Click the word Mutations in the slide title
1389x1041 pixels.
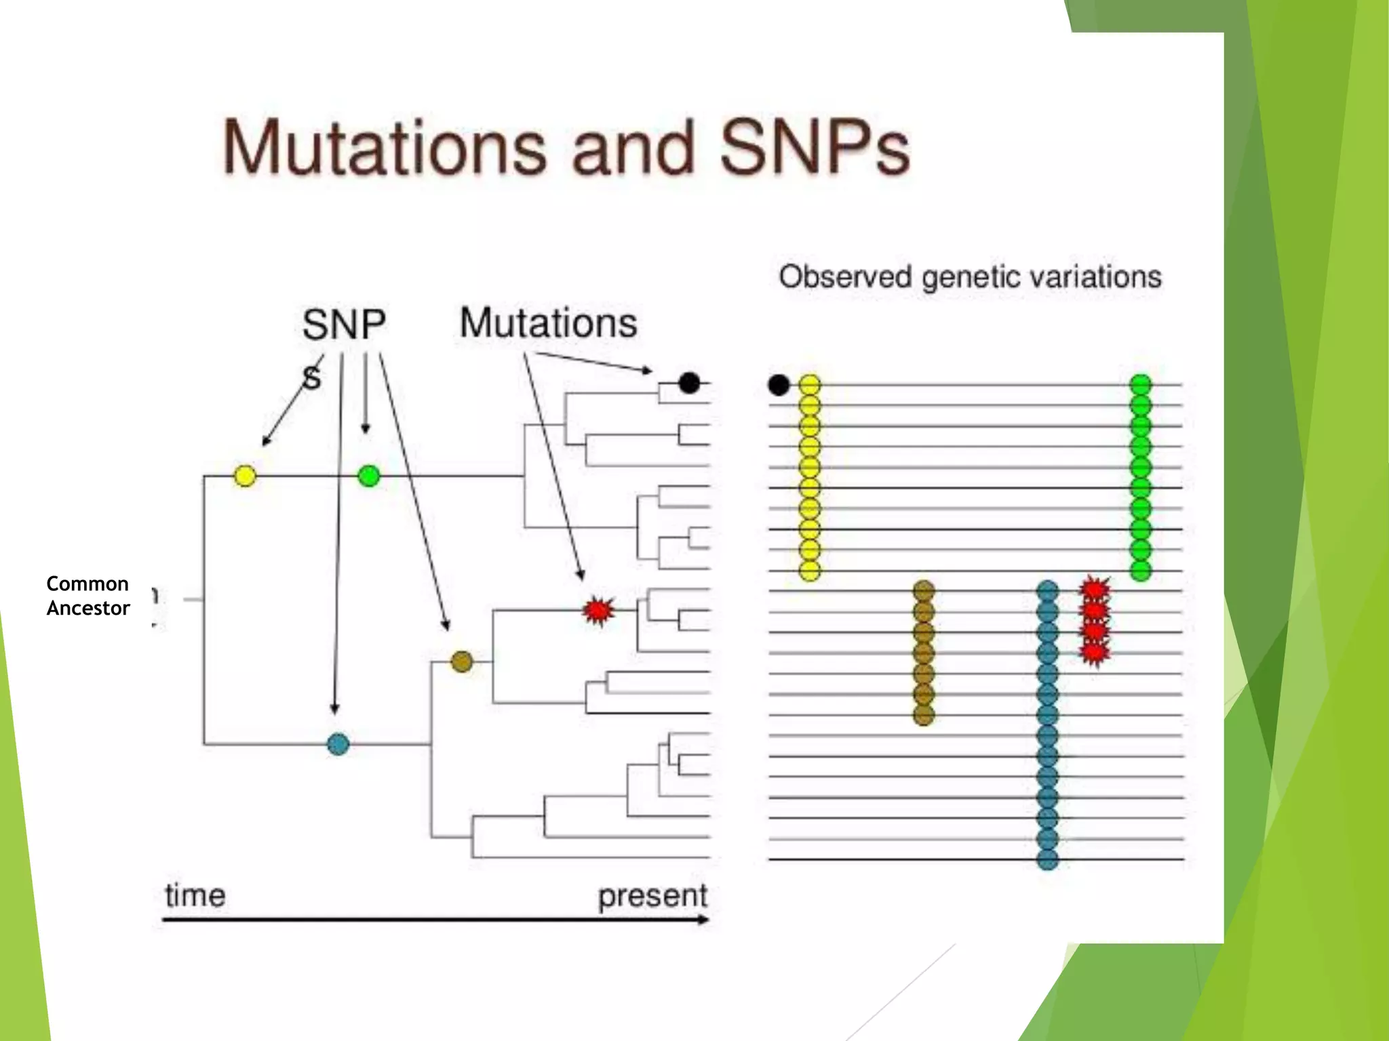click(x=384, y=148)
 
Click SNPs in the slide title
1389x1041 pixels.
click(x=813, y=148)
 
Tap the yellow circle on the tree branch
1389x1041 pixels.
click(x=245, y=476)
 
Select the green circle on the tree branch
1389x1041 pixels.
click(x=368, y=476)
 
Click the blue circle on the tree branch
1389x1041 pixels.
click(x=338, y=744)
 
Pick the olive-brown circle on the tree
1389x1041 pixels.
click(x=462, y=661)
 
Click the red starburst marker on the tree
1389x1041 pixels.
click(x=598, y=611)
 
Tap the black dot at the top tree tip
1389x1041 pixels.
click(x=689, y=383)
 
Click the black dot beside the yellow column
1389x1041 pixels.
click(x=779, y=385)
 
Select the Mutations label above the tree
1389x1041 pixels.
click(x=548, y=323)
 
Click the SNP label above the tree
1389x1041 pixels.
click(x=344, y=325)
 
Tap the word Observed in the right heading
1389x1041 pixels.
click(x=845, y=277)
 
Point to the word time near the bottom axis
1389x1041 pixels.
click(x=195, y=895)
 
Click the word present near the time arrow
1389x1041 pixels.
click(x=652, y=895)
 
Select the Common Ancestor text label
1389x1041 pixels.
click(x=87, y=596)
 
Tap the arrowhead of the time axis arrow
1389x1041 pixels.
click(x=705, y=920)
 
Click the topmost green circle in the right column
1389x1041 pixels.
click(x=1141, y=385)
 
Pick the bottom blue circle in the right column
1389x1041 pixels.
click(x=1047, y=860)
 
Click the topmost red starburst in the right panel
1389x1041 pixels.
click(x=1094, y=588)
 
